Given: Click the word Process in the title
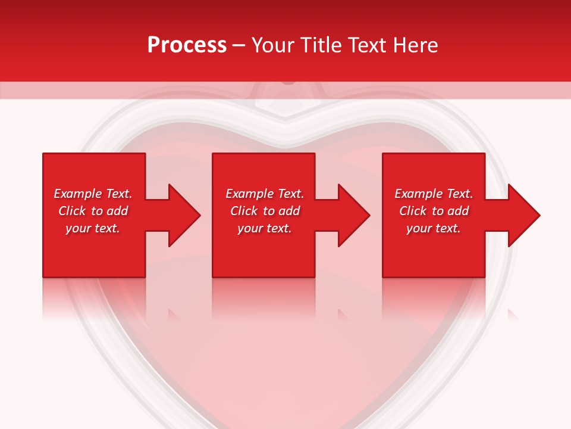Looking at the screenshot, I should click(187, 45).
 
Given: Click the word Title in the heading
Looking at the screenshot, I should click(322, 45).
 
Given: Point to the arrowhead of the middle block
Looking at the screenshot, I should click(353, 215).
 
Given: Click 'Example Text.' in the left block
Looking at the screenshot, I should click(93, 194).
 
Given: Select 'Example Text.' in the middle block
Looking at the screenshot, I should click(265, 194).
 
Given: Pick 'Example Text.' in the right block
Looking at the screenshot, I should click(434, 194).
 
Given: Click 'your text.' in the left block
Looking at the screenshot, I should click(93, 228).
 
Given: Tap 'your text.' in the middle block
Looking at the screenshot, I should click(265, 228).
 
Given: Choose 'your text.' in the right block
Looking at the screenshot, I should click(434, 228).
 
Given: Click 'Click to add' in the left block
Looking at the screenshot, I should click(93, 211).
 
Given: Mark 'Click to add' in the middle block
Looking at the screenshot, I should click(265, 211).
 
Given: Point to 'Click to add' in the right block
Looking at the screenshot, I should click(434, 211).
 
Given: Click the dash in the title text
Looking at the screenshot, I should click(239, 46).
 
